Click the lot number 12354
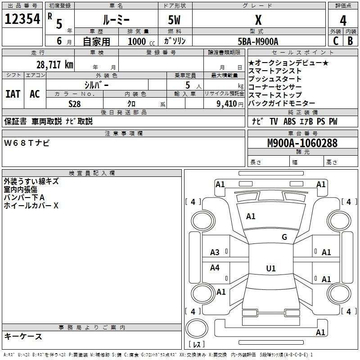pos(22,19)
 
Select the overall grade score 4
pos(343,21)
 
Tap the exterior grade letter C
pos(336,41)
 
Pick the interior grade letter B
pos(350,41)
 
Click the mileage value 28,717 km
pos(54,65)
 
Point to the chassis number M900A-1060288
pos(302,143)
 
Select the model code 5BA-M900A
pos(258,41)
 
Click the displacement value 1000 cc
pos(141,41)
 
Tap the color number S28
pos(74,104)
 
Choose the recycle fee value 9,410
pos(227,104)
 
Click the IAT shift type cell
pos(13,94)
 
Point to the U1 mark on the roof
pos(271,268)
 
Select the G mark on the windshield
pos(284,237)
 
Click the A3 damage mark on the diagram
pos(215,252)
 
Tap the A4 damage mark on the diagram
pos(215,267)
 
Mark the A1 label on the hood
pos(251,216)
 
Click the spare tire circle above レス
pos(197,328)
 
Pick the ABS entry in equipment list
pos(289,121)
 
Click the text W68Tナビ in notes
pos(27,143)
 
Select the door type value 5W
pos(174,20)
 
